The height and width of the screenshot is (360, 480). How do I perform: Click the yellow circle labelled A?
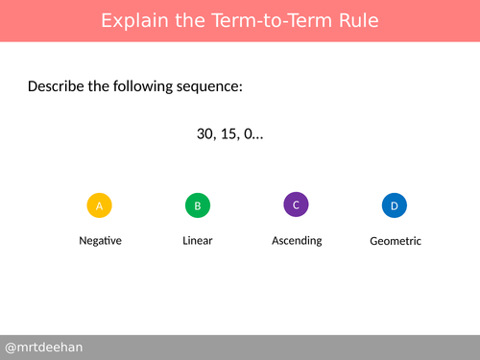100,205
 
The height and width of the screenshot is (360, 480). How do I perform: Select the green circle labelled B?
197,205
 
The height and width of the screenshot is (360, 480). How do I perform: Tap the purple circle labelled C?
297,204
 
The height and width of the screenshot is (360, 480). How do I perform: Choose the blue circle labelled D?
395,205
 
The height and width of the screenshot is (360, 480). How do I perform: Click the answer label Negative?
100,240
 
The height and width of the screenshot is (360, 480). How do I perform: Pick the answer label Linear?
197,240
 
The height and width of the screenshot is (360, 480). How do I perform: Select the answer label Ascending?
297,240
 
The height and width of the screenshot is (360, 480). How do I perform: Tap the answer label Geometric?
395,241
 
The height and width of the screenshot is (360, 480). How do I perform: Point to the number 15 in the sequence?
230,134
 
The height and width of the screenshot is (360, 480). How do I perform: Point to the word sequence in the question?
210,87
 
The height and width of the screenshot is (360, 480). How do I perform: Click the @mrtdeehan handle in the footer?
43,347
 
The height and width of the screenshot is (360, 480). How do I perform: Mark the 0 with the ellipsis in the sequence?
254,134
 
